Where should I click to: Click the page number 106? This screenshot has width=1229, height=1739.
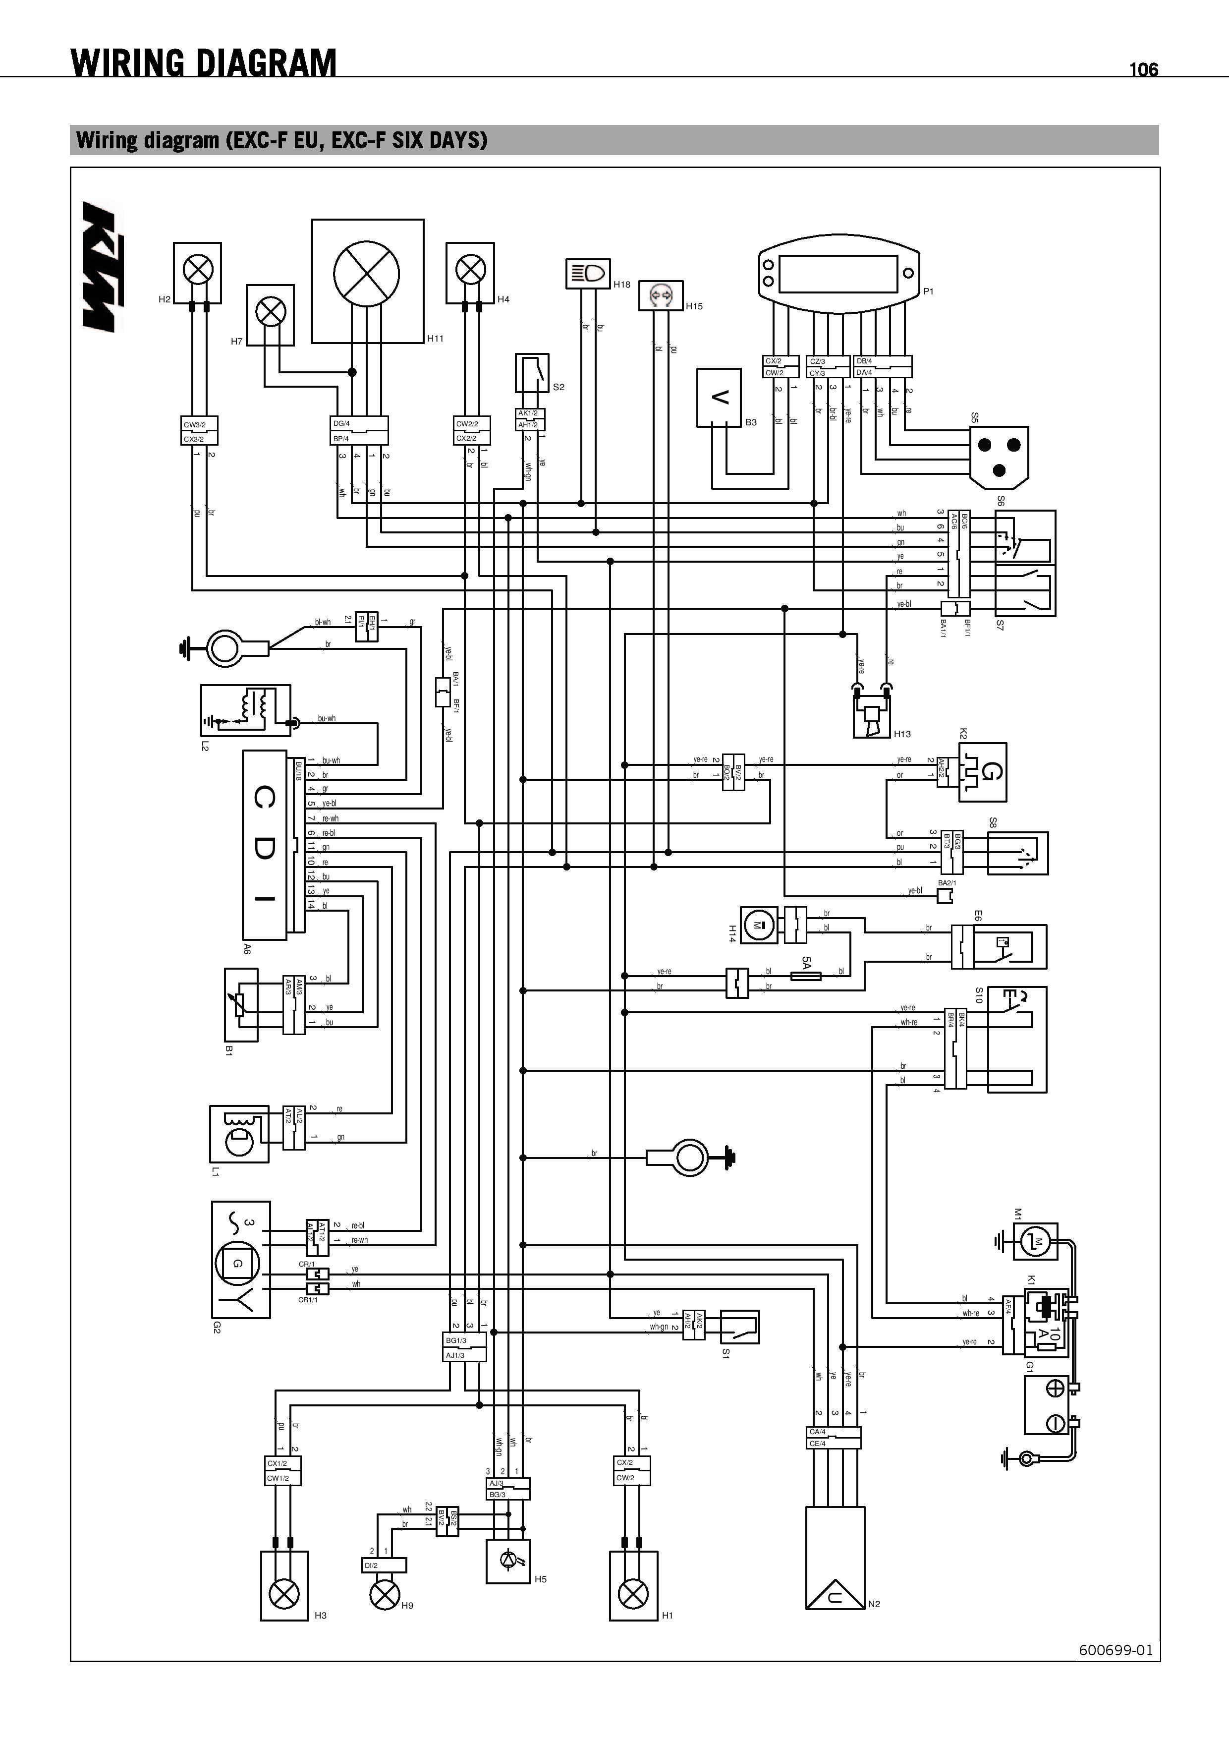tap(1143, 70)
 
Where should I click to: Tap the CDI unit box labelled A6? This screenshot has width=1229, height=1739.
tap(264, 845)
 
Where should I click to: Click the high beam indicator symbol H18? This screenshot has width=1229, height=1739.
tap(588, 274)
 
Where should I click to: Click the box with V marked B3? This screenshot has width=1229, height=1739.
tap(719, 398)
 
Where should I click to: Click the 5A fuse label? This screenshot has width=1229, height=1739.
tap(806, 963)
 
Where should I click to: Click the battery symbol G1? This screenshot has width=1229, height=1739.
tap(1047, 1405)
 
